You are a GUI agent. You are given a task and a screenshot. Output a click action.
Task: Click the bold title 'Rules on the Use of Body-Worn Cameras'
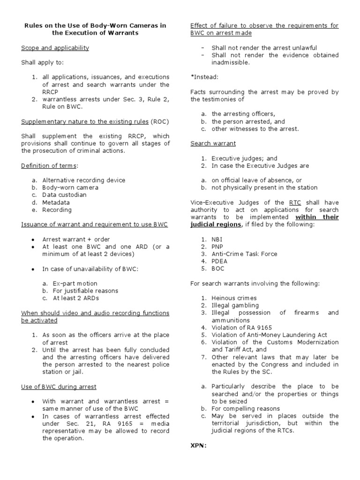[x=95, y=25]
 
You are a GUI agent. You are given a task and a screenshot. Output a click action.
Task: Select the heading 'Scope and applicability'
[x=55, y=48]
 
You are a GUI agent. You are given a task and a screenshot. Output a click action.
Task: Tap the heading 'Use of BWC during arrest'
[x=59, y=387]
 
